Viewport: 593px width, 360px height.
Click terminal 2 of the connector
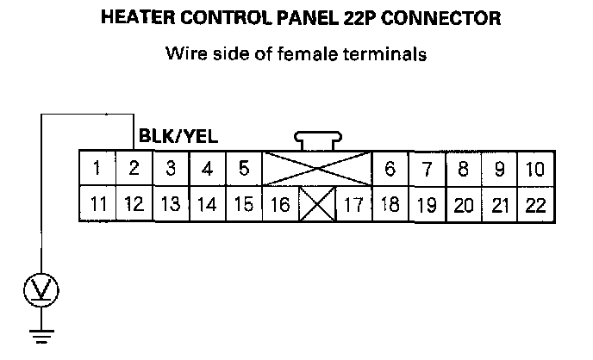(x=134, y=169)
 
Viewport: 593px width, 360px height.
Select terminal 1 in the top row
(x=99, y=169)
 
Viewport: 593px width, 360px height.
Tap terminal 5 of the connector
(x=244, y=169)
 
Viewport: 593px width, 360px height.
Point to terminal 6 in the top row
(x=390, y=169)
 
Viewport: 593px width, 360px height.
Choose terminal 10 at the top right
(x=534, y=169)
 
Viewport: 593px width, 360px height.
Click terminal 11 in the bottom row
(x=99, y=205)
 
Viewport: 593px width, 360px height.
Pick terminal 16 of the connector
(x=279, y=205)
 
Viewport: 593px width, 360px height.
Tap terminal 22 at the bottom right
(x=534, y=205)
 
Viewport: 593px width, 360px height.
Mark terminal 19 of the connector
(x=426, y=205)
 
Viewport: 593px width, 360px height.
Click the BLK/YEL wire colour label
(x=178, y=136)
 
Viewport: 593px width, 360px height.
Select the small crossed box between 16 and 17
(x=315, y=205)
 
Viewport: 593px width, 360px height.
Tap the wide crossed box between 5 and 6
(x=316, y=169)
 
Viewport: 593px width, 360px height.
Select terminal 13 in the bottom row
(x=171, y=205)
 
